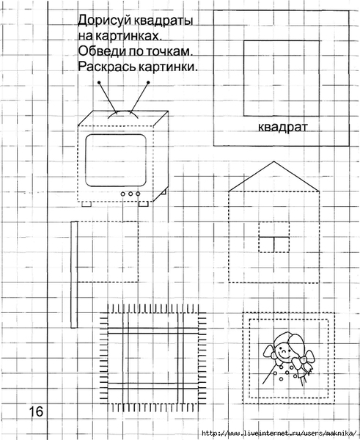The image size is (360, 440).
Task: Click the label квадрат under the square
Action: tap(282, 127)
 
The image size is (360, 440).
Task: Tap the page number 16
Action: tap(36, 411)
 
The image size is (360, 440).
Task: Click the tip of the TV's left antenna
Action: tap(99, 82)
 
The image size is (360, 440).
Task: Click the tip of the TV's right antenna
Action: tap(148, 82)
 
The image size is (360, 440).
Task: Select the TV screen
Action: tap(116, 160)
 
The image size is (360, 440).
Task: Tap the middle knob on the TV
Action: tap(131, 194)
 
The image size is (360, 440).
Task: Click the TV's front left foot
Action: tap(87, 205)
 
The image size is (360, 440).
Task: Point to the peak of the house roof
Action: tap(274, 161)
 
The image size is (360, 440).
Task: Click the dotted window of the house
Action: tap(274, 237)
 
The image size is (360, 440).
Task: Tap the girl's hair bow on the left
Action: tap(269, 351)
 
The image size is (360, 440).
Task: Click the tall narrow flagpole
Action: tap(74, 274)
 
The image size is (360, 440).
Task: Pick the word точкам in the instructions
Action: tap(169, 51)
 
